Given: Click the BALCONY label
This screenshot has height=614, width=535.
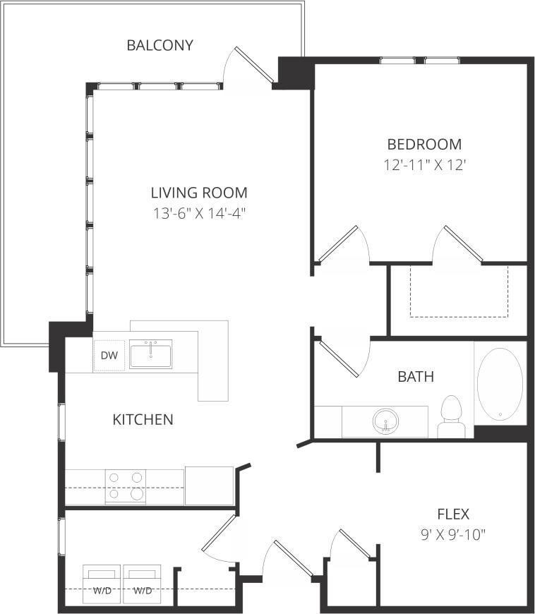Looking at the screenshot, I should click(x=160, y=46).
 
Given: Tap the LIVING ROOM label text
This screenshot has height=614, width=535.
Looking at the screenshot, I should click(x=199, y=192).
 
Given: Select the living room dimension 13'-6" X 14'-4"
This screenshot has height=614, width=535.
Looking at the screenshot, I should click(x=199, y=212).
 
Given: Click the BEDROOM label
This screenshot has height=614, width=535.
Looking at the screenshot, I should click(x=424, y=145).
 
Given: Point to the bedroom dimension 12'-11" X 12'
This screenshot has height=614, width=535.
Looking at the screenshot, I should click(x=424, y=166).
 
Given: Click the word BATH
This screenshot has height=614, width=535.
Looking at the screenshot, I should click(x=416, y=377).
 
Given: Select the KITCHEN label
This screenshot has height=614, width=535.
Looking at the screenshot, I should click(x=143, y=420).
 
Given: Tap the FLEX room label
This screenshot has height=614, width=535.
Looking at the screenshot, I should click(x=452, y=514).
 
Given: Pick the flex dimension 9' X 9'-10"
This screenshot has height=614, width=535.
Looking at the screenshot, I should click(x=452, y=534).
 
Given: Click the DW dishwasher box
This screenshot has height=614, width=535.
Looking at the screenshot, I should click(x=109, y=356).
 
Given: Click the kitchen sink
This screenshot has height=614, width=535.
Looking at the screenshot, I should click(x=150, y=354).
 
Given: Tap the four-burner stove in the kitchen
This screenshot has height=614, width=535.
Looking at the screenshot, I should click(x=126, y=487).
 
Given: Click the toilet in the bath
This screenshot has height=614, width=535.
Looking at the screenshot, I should click(x=450, y=416).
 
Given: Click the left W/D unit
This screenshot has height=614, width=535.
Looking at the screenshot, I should click(x=102, y=584).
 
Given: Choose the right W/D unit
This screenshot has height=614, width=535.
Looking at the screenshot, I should click(x=143, y=584).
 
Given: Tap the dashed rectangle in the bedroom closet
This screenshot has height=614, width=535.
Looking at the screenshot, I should click(x=459, y=291).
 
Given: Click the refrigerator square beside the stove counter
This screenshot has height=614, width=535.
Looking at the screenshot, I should click(x=209, y=486).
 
